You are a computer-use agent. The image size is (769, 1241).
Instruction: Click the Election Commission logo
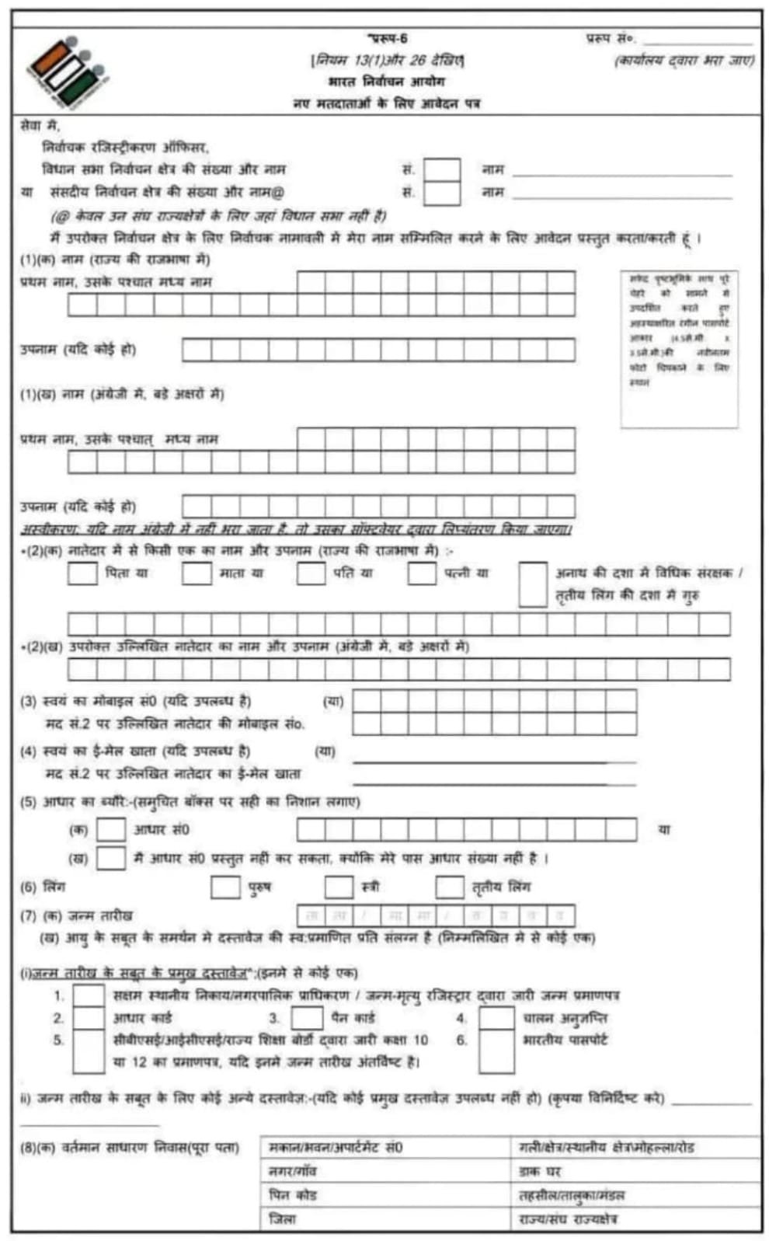(67, 71)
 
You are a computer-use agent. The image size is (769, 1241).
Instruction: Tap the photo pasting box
(680, 349)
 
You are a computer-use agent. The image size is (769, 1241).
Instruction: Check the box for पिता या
(82, 573)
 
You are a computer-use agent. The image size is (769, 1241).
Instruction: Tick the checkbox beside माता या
(197, 573)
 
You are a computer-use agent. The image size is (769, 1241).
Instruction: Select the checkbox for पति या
(311, 573)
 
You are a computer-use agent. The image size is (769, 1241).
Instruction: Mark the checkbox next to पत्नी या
(422, 573)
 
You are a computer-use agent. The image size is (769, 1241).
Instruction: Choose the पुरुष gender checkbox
(225, 887)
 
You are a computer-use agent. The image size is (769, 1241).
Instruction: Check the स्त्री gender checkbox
(339, 887)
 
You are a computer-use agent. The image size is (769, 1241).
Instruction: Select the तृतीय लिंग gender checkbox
(450, 887)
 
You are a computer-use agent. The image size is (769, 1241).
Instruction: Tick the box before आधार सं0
(110, 829)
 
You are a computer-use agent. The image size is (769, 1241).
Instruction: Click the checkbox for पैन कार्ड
(307, 1018)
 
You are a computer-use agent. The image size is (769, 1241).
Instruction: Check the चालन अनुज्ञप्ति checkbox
(496, 1018)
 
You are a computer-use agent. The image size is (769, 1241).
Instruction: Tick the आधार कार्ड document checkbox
(89, 1018)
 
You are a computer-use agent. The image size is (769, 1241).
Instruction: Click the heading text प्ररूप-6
(388, 38)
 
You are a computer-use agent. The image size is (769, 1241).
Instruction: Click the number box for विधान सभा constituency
(442, 169)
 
